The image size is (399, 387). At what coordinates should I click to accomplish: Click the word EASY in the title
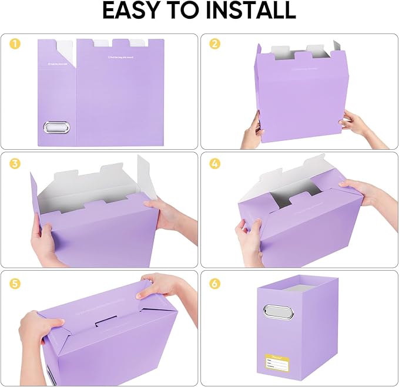tap(136, 11)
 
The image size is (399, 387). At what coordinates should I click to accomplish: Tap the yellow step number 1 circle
tap(15, 43)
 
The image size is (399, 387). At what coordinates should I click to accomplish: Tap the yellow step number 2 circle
tap(214, 43)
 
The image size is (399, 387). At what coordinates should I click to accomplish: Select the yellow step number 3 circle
tap(15, 163)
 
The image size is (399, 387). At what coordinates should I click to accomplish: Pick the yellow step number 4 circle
tap(214, 163)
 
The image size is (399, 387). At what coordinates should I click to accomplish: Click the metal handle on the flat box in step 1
tap(56, 127)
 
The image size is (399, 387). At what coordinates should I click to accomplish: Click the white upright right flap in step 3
tap(147, 176)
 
